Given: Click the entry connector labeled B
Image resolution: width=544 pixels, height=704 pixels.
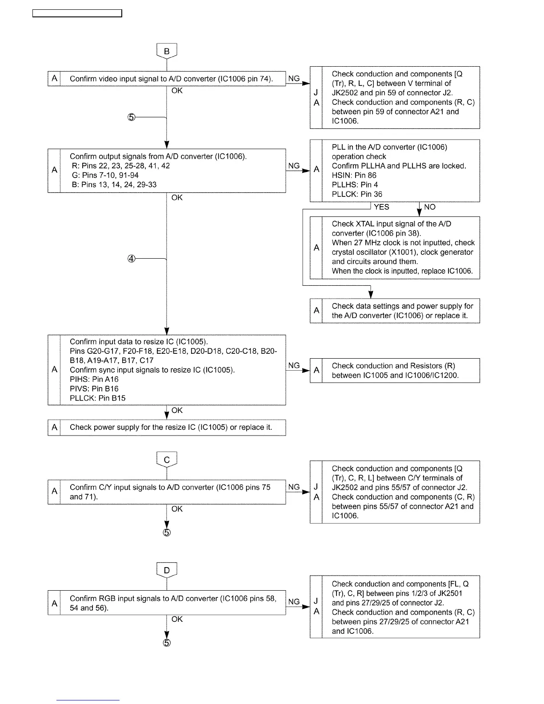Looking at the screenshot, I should [167, 51].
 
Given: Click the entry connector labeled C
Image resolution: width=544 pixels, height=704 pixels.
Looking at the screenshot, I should [167, 460].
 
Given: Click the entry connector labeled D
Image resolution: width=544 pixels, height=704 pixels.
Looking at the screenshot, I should [167, 570].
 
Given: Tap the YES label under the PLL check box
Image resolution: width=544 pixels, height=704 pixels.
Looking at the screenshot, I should [381, 207].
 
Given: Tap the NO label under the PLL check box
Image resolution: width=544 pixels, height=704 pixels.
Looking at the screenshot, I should [430, 207].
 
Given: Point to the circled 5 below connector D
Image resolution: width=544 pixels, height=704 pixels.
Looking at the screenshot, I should [166, 643].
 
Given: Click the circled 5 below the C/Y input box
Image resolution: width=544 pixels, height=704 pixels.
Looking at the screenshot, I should [166, 532].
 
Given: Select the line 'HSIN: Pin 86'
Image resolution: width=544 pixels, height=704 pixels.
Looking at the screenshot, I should [354, 176].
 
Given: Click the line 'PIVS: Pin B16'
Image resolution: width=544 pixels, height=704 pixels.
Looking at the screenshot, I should [94, 389].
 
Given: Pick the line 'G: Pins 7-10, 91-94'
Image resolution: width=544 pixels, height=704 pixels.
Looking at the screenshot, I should [105, 176].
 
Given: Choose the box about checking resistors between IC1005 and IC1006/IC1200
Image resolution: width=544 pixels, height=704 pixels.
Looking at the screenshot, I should [395, 371].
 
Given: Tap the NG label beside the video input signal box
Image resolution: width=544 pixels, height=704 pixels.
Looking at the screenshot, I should [294, 79].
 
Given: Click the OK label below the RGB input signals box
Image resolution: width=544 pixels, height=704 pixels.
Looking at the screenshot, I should [177, 619].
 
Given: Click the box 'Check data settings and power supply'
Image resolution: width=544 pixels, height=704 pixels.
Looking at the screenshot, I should [395, 311].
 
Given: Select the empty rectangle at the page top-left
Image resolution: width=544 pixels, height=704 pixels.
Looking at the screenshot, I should [77, 13].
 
